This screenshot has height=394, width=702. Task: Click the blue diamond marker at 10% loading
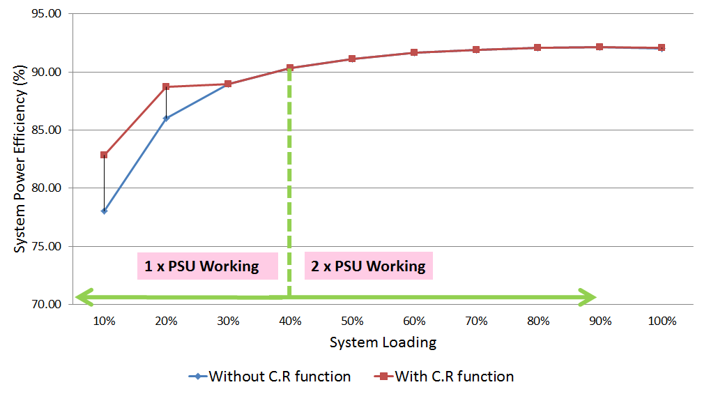(x=104, y=211)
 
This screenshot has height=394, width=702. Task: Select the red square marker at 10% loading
(x=104, y=155)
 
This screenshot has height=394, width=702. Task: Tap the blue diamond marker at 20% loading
(x=166, y=118)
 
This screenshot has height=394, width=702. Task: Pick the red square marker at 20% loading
(x=166, y=86)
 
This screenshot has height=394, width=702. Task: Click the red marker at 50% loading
(x=352, y=59)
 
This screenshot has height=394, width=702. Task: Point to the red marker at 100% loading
(x=662, y=47)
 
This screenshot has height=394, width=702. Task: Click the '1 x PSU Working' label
(x=201, y=266)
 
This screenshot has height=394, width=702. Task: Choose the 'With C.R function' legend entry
(x=455, y=377)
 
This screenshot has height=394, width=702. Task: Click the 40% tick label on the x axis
(x=290, y=321)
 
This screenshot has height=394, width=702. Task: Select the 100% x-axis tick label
(x=662, y=321)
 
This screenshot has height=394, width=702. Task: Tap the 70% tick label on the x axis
(x=476, y=321)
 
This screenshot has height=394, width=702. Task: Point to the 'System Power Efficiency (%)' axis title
(x=21, y=159)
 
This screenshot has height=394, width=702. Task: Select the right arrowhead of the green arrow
(x=588, y=298)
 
